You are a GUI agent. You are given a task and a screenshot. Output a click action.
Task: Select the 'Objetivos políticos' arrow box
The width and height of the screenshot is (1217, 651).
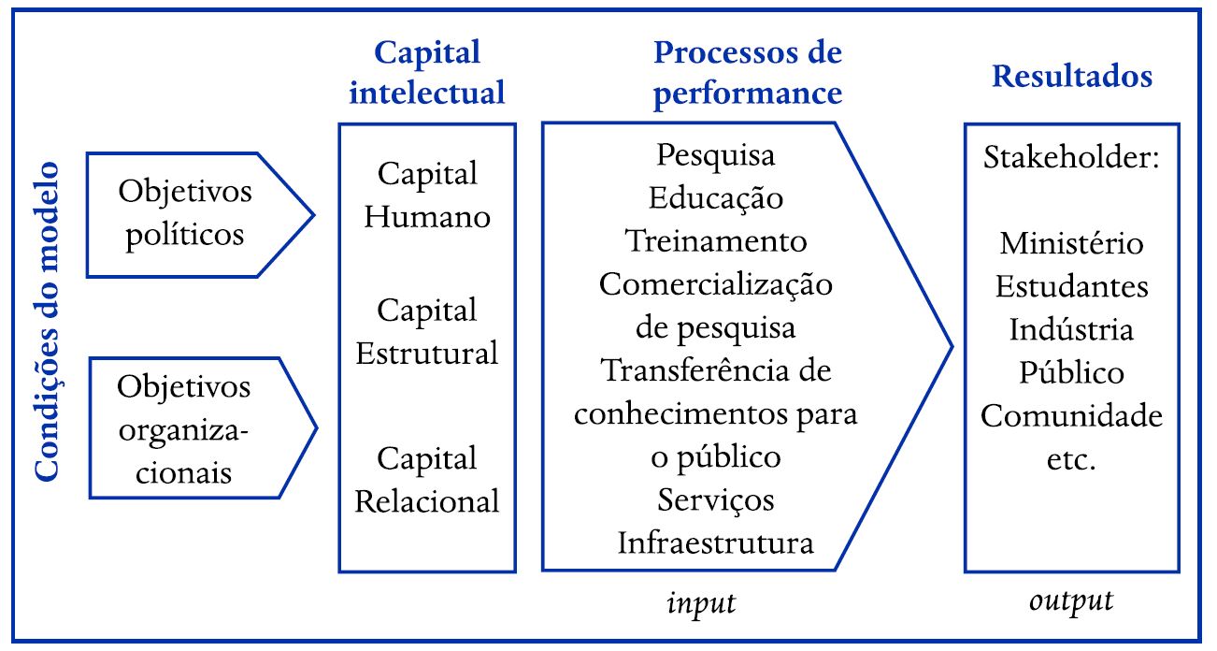[186, 213]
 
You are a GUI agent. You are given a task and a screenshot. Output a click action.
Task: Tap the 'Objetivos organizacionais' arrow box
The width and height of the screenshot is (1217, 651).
[186, 428]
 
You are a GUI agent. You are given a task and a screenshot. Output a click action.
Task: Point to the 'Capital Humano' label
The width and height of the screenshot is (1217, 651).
[427, 195]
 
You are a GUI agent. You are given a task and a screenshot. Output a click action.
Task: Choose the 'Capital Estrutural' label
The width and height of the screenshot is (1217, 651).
[427, 332]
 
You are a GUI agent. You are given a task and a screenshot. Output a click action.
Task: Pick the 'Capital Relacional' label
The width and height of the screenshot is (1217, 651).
[427, 480]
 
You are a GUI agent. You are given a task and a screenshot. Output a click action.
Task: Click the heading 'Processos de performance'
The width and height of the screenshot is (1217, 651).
[747, 73]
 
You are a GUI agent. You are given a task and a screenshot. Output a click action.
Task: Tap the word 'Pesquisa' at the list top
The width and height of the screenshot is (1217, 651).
[716, 153]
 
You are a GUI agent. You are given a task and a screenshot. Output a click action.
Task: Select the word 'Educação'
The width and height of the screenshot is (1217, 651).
[716, 197]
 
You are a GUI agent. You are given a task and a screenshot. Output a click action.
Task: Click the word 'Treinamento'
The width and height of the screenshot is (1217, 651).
[716, 241]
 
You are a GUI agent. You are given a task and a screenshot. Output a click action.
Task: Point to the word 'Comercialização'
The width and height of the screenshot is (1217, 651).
[716, 284]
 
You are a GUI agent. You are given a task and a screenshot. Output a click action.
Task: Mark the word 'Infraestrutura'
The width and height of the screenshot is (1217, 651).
[716, 543]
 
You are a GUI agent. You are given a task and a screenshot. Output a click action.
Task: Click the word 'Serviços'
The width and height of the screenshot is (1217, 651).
[716, 500]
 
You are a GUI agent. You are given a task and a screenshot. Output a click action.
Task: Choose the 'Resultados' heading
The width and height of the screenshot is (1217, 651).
[1071, 77]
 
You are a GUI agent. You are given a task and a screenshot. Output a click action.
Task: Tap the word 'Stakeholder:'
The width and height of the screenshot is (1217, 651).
[1071, 156]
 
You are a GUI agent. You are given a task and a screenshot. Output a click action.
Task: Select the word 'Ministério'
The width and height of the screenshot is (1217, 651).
[1071, 243]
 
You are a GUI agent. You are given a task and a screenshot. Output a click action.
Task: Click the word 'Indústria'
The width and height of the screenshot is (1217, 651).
[1071, 329]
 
